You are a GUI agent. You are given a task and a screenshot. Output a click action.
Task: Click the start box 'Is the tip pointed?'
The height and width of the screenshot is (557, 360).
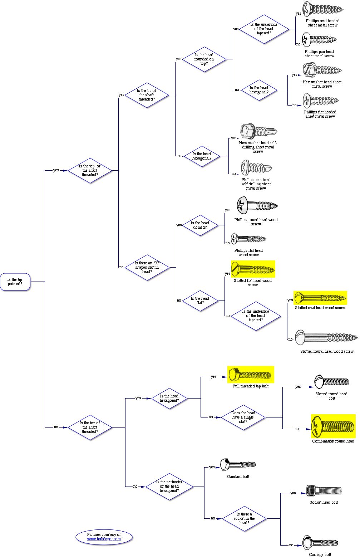click(15, 282)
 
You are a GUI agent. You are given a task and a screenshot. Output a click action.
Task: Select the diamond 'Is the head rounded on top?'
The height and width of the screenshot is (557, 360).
click(204, 59)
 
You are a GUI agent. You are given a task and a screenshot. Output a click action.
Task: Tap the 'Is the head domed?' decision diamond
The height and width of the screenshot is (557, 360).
click(200, 225)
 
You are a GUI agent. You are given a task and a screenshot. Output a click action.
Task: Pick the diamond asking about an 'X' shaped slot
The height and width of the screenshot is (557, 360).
click(147, 267)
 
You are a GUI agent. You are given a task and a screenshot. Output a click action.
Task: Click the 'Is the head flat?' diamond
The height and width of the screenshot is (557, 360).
click(200, 301)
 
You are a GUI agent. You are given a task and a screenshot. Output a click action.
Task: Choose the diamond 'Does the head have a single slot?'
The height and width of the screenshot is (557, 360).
click(243, 417)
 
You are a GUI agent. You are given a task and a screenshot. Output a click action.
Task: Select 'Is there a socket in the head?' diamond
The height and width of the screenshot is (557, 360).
click(244, 518)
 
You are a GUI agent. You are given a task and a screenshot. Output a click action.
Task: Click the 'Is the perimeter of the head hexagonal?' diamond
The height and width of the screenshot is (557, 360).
click(169, 487)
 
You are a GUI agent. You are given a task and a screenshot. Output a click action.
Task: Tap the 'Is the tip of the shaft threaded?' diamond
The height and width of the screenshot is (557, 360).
click(147, 95)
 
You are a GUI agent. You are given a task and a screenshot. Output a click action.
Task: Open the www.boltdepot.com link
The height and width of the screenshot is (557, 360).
click(104, 539)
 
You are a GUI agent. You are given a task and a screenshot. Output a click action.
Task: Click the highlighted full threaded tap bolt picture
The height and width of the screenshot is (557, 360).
click(251, 375)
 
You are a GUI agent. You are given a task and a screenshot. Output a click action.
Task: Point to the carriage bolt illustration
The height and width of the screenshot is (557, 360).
click(320, 543)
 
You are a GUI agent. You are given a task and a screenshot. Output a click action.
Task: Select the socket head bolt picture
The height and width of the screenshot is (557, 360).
click(324, 490)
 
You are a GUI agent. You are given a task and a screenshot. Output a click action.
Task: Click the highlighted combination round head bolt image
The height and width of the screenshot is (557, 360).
click(333, 426)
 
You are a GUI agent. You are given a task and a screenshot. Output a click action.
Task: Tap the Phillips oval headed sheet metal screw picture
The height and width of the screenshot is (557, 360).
click(323, 9)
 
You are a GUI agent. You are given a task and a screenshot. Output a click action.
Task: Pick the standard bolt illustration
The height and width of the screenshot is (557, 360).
click(238, 465)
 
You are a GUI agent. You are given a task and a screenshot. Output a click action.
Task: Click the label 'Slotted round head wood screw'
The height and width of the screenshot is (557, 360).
click(327, 351)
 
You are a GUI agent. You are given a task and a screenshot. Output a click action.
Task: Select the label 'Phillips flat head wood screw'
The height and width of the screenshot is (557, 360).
click(248, 253)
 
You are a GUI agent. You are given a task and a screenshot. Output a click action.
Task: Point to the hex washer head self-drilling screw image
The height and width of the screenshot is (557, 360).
click(258, 131)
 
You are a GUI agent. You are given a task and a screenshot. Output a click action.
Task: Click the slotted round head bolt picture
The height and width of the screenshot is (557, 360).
click(331, 382)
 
